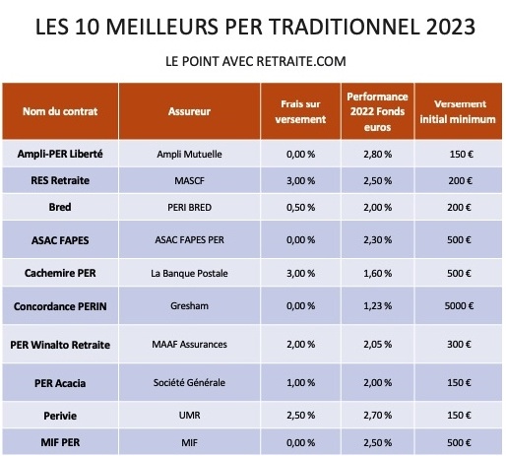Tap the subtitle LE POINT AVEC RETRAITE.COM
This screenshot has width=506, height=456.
tap(254, 62)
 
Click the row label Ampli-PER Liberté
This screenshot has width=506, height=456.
tap(60, 155)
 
